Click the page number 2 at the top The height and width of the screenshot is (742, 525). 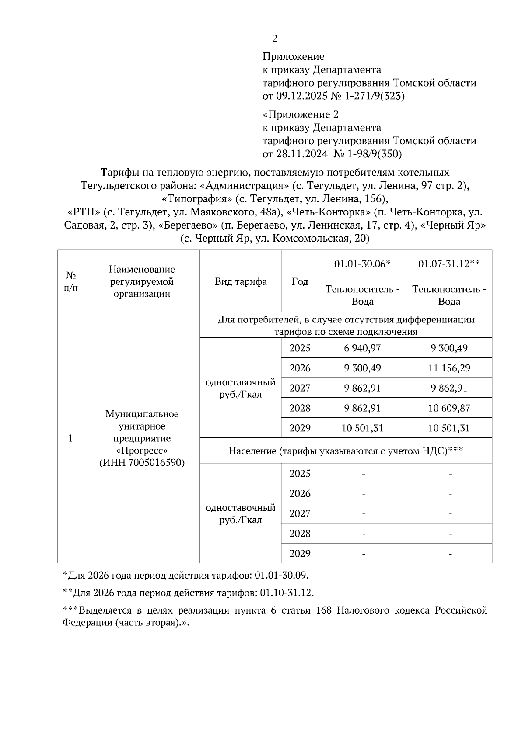(275, 38)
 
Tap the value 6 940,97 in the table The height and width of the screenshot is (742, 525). (362, 348)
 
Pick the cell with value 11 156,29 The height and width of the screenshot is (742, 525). (449, 368)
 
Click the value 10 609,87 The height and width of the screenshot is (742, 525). (449, 408)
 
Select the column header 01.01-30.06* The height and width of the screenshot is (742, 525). (362, 264)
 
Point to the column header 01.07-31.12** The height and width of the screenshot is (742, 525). (449, 264)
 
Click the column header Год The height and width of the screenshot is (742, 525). (300, 282)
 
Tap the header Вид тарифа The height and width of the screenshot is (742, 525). (241, 282)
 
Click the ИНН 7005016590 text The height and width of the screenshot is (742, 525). (142, 463)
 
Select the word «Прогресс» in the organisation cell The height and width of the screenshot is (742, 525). (142, 451)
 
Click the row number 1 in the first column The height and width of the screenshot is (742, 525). (71, 438)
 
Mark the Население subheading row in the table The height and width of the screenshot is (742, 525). (346, 451)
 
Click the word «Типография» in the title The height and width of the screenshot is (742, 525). (196, 199)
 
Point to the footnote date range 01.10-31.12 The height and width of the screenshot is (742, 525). (287, 593)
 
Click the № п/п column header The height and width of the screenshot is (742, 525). (71, 282)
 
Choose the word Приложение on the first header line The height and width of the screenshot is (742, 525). (293, 56)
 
